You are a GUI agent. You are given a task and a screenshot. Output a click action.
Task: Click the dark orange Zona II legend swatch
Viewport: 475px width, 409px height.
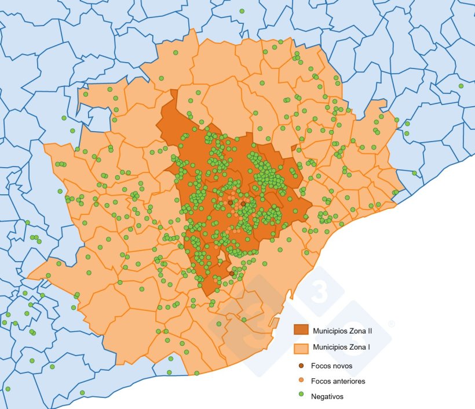301,330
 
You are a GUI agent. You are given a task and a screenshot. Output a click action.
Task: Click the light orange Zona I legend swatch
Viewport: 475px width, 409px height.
301,348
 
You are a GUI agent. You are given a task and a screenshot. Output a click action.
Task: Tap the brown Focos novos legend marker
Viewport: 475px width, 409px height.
301,366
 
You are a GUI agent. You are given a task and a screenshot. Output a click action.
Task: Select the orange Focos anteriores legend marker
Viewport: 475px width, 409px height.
301,381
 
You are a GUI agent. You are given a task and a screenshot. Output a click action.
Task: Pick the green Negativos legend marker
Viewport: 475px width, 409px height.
301,396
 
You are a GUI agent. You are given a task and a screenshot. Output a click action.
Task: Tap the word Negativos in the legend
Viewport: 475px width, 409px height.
327,396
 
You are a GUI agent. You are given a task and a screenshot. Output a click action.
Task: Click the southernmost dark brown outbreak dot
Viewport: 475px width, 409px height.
232,273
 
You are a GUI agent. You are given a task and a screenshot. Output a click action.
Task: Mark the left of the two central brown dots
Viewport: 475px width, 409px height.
230,203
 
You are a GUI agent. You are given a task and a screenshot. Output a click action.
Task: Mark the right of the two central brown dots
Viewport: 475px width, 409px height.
243,204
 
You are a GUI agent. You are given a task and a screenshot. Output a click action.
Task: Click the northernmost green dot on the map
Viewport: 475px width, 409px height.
242,11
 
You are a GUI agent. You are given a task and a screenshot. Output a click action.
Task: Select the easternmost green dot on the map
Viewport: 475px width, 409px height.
461,86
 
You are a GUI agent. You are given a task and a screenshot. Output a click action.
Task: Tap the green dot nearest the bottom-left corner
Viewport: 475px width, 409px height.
8,389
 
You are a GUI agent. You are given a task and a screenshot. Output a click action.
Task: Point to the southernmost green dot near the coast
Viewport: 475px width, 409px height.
82,393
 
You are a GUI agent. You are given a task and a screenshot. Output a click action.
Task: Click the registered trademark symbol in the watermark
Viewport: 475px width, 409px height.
392,324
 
